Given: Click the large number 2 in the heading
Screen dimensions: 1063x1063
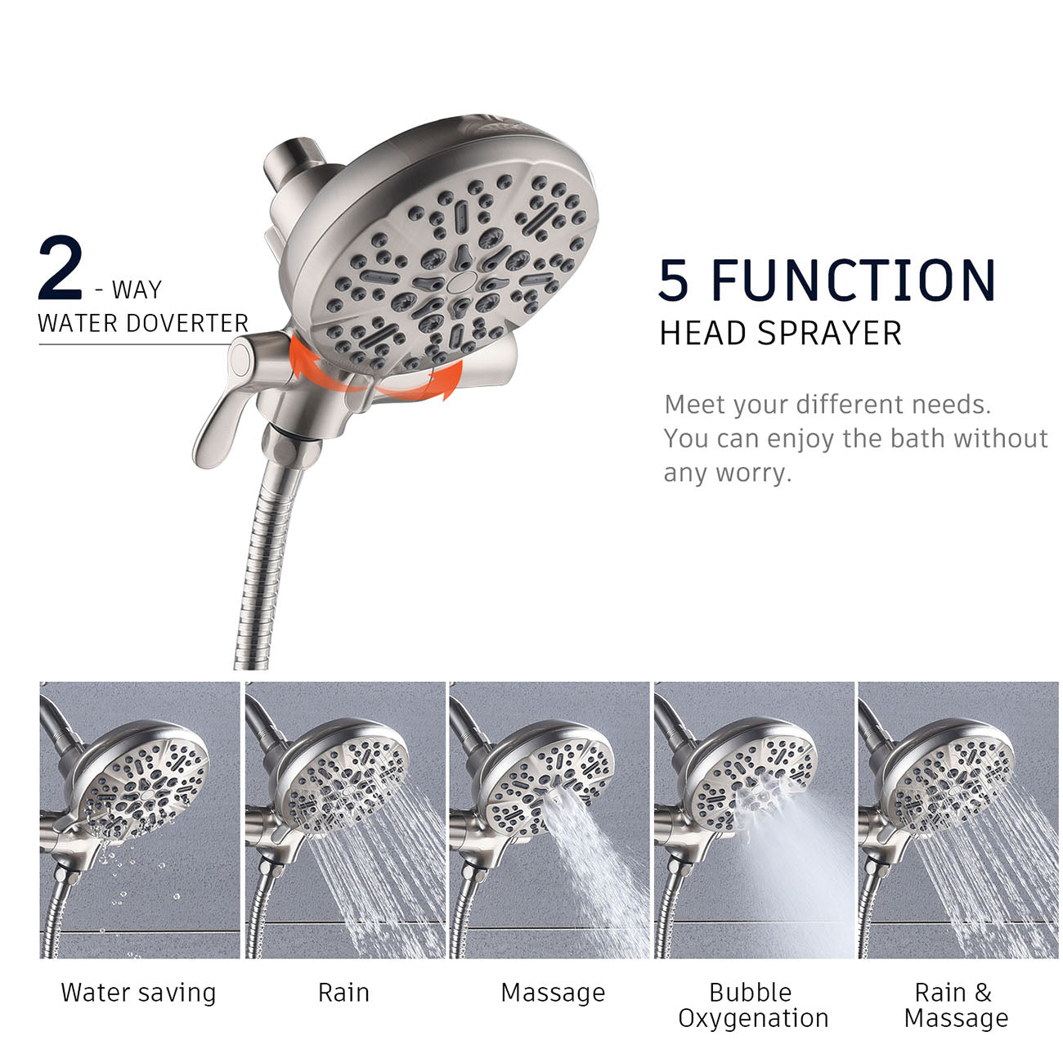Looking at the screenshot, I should pos(61,268).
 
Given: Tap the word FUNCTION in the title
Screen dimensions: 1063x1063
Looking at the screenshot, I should pos(854,280).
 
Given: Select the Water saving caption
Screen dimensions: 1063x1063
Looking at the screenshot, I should pos(139,993).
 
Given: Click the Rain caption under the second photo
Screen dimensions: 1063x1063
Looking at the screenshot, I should pos(343,993).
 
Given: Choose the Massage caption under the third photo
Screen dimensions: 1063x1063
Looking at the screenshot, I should pos(553,993).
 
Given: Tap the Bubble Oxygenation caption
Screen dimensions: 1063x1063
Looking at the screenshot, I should pos(752,1005).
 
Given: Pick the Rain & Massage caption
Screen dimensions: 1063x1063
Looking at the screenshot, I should pos(955,1005).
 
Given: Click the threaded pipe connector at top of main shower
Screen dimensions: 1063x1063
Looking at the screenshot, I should pos(282,163).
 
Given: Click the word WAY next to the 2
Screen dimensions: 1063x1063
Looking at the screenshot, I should pos(137,290).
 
